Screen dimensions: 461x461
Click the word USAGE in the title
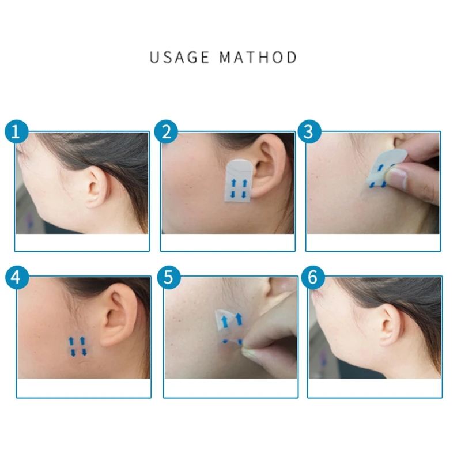click(180, 58)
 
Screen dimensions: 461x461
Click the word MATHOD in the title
click(259, 58)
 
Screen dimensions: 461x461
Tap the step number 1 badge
click(17, 132)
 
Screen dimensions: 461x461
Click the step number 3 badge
click(309, 132)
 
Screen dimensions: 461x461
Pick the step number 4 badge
click(17, 278)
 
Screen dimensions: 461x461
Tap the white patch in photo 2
click(237, 180)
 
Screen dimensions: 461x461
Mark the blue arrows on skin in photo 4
click(78, 346)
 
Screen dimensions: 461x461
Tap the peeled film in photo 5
click(229, 320)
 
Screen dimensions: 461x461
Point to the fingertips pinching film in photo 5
click(251, 349)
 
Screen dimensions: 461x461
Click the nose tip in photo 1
click(17, 151)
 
